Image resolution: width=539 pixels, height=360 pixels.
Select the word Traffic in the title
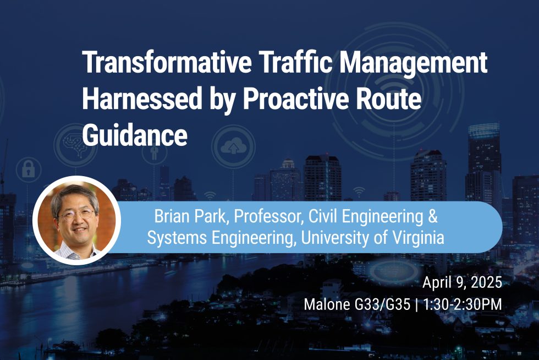[x=299, y=64]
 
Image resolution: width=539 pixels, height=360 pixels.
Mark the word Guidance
[x=135, y=134]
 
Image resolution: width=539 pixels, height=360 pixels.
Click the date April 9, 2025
[x=462, y=283]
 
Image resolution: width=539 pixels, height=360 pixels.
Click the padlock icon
[x=28, y=170]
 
